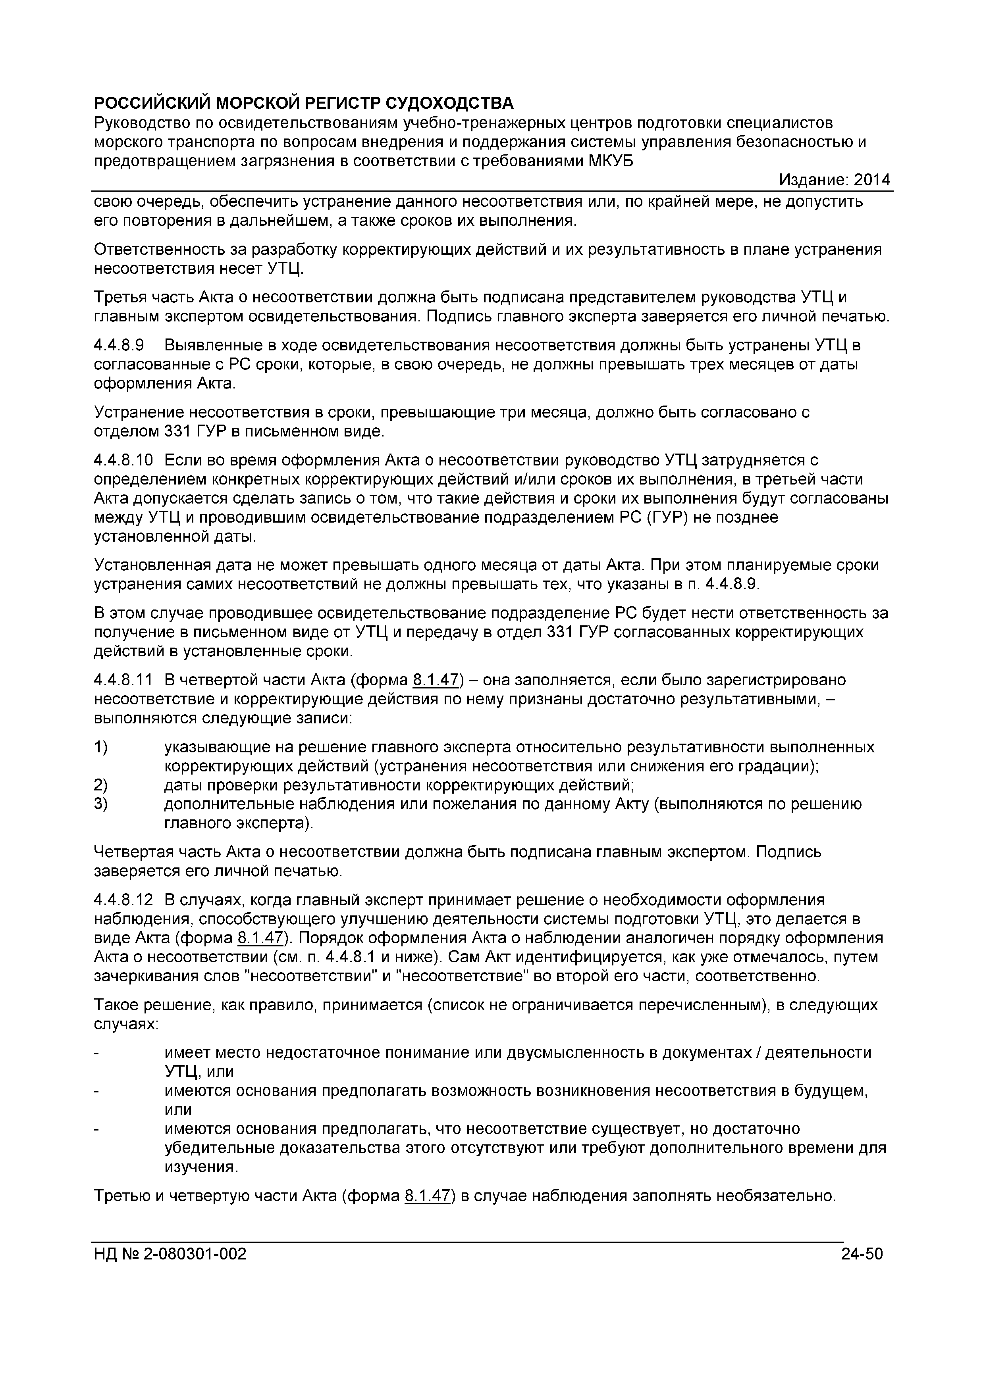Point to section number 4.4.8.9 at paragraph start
(x=119, y=346)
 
